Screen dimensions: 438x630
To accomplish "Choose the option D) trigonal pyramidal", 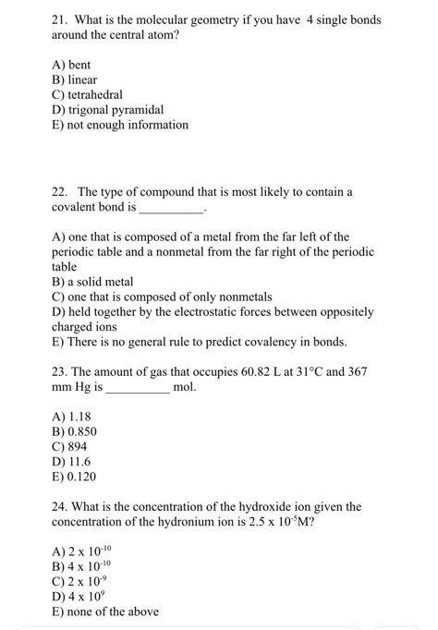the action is click(107, 110).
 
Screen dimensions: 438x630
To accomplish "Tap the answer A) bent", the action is click(71, 66).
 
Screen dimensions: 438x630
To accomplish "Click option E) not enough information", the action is click(119, 125).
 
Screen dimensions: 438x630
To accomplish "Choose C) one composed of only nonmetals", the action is click(162, 297).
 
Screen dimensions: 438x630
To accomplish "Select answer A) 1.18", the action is click(73, 417).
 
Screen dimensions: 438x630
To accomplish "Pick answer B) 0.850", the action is click(75, 431).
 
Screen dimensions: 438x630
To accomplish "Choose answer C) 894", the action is click(70, 446).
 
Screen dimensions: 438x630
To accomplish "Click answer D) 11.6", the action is click(71, 461).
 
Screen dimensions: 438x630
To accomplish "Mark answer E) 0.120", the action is click(75, 476).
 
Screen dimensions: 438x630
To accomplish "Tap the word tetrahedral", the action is click(95, 95).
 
